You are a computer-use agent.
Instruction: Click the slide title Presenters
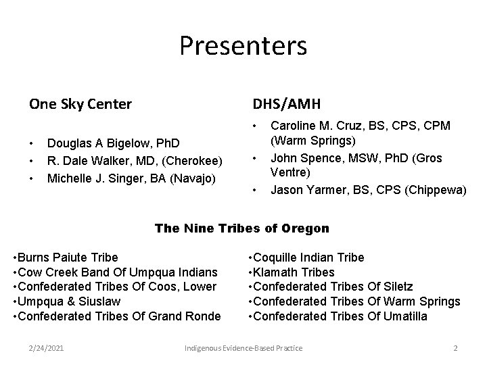tap(243, 46)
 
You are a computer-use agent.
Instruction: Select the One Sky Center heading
tap(80, 104)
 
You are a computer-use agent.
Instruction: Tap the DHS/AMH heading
tap(287, 104)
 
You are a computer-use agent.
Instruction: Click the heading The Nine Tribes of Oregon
tap(242, 228)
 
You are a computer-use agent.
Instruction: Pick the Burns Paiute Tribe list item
tap(66, 258)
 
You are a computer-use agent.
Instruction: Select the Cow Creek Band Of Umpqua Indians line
tap(115, 272)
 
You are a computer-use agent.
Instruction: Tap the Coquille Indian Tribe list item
tap(306, 258)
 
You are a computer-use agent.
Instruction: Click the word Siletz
tap(396, 287)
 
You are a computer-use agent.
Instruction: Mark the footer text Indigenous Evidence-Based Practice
tap(243, 347)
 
